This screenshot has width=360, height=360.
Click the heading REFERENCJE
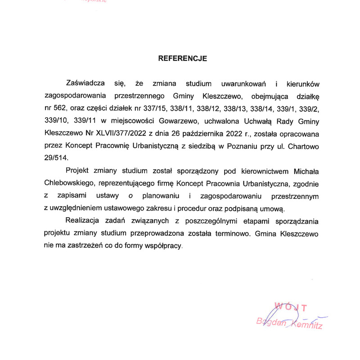click(182, 58)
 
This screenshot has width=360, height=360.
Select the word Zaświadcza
click(85, 83)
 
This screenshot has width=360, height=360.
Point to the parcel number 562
click(60, 108)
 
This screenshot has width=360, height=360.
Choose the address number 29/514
click(57, 158)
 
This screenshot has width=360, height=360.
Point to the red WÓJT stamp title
click(292, 308)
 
